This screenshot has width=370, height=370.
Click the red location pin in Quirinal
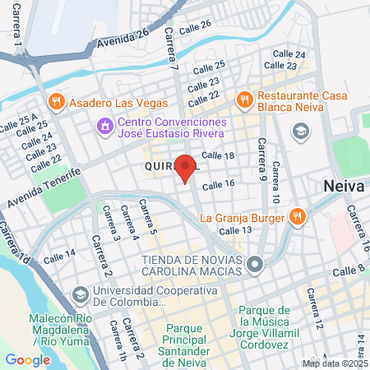(185, 167)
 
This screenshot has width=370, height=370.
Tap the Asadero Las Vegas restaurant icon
(57, 104)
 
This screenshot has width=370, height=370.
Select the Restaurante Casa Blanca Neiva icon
(243, 100)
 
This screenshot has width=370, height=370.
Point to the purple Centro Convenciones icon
(105, 127)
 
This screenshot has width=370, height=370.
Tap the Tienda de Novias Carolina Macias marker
(256, 265)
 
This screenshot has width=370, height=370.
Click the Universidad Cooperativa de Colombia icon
(81, 294)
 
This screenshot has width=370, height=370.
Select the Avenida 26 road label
(121, 38)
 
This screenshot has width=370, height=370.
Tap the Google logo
(27, 359)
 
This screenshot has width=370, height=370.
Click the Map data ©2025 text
(334, 363)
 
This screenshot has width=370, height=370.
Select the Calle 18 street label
(218, 155)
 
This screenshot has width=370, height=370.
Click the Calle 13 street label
(235, 229)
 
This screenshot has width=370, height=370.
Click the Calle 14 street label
(58, 257)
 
